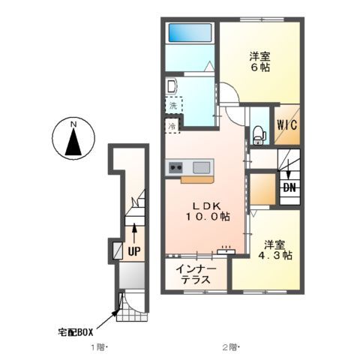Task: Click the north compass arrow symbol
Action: pos(73,142)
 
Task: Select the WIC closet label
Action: pos(286,127)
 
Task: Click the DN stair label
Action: pos(289,188)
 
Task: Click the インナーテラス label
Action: pos(197,274)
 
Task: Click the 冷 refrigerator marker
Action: pos(172,126)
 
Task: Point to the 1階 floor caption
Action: pos(100,347)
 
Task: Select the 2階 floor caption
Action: pos(229,347)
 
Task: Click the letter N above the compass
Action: pos(73,124)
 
